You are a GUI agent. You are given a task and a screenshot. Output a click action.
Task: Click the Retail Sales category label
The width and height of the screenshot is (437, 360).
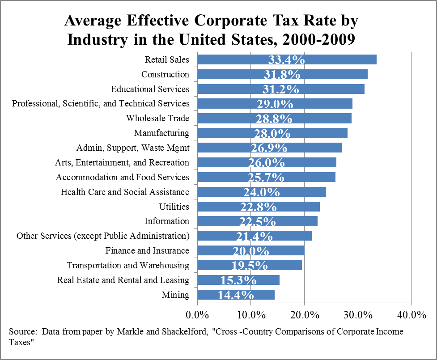pos(167,59)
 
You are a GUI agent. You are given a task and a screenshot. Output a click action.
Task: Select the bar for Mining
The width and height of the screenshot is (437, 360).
pos(236,295)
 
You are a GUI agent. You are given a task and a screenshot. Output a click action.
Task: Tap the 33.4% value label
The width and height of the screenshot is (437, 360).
pos(286,60)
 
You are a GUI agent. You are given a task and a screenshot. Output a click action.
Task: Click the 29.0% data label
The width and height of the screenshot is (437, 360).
pos(275,104)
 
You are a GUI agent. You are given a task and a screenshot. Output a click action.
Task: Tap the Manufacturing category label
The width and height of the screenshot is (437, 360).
pos(161,133)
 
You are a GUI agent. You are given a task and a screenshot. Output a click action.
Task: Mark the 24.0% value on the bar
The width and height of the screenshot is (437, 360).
pos(261,192)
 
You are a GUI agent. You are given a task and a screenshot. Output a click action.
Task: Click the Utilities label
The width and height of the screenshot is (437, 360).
pos(174,207)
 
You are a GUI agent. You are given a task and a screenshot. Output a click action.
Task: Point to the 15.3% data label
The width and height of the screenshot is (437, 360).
pos(238,280)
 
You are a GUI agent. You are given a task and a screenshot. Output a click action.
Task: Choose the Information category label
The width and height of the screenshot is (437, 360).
pos(167,221)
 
